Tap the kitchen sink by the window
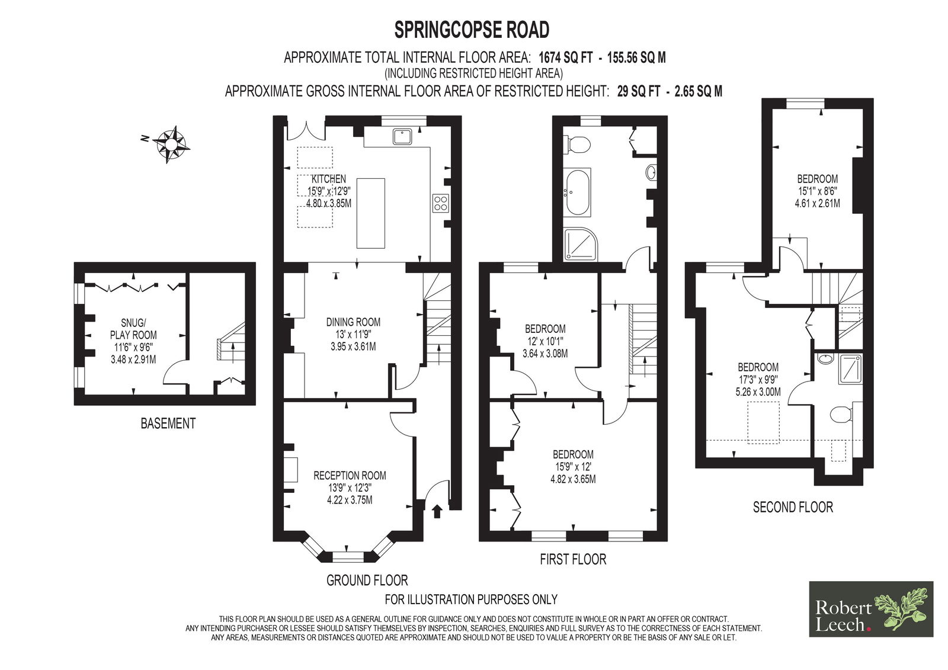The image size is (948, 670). pos(402,136)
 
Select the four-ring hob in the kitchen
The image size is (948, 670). pos(441,203)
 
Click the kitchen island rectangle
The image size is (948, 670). pos(371,213)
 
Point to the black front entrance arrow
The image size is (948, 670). pos(437,511)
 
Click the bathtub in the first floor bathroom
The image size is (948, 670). pos(577,193)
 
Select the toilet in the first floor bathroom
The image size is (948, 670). pos(577,145)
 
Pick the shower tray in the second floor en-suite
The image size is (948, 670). pos(850,369)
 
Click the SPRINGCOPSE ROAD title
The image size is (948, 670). pos(472,30)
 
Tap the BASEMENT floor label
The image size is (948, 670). pos(168,423)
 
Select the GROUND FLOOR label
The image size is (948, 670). pos(367,580)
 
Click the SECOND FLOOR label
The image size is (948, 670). pos(793,506)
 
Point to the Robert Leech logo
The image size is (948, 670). pos(871,609)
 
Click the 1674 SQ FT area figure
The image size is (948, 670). pos(566,57)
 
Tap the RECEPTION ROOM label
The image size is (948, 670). pos(350,475)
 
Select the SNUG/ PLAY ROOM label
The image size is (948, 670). pos(133,329)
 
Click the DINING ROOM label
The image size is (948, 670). pos(353,322)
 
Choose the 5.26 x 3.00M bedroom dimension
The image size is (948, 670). pos(758,392)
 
